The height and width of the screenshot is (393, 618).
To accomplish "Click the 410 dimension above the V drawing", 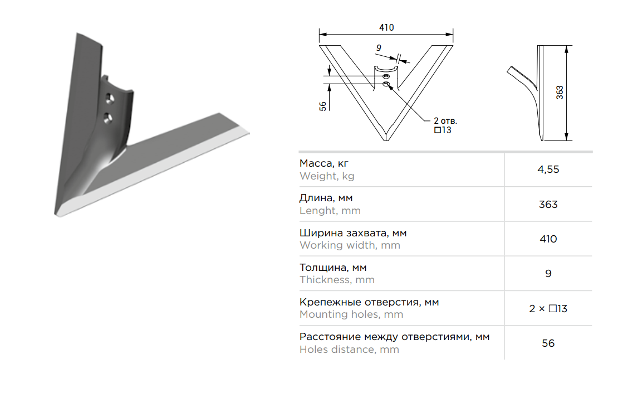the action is pyautogui.click(x=386, y=28).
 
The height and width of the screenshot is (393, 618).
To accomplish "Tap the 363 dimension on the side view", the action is pyautogui.click(x=560, y=93).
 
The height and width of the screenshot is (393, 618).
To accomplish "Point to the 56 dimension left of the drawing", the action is pyautogui.click(x=323, y=106).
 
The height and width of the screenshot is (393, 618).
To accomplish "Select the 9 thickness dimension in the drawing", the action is pyautogui.click(x=379, y=48).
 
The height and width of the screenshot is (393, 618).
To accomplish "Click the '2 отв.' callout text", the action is pyautogui.click(x=445, y=121).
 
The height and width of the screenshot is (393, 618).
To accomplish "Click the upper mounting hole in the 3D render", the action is pyautogui.click(x=110, y=99).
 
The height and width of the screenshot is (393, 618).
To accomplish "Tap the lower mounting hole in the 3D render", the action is pyautogui.click(x=108, y=118).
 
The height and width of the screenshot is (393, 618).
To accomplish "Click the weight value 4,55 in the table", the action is pyautogui.click(x=548, y=169).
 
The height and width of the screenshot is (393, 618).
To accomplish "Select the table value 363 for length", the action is pyautogui.click(x=548, y=205).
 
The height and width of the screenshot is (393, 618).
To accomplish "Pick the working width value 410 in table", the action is pyautogui.click(x=548, y=239).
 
